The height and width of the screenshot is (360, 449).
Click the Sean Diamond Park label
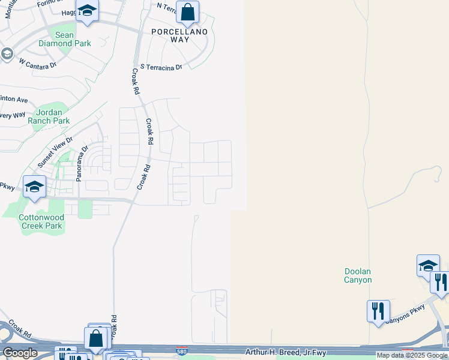click(x=64, y=39)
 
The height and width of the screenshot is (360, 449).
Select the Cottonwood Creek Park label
click(x=40, y=221)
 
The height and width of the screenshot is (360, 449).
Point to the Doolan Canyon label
click(x=358, y=275)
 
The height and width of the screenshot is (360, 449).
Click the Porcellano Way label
click(x=179, y=35)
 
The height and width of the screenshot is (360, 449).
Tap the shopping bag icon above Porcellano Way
click(x=188, y=11)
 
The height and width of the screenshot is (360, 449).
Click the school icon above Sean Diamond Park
click(x=88, y=11)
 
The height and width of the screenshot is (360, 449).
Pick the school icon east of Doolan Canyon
click(x=428, y=265)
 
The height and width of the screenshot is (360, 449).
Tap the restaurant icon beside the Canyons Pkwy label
click(x=379, y=310)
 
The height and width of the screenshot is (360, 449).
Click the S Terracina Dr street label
click(x=161, y=68)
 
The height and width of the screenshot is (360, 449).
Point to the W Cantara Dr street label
click(x=37, y=62)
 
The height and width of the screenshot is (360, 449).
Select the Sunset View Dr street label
click(x=55, y=152)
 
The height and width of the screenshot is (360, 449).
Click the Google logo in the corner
click(x=20, y=353)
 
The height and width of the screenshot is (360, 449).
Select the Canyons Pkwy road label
click(x=406, y=314)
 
